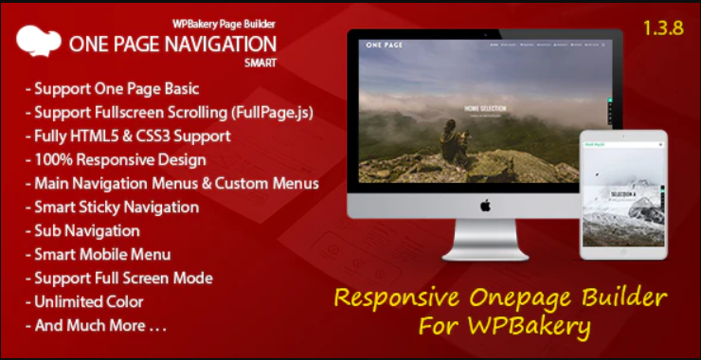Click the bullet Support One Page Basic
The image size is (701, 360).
(x=116, y=89)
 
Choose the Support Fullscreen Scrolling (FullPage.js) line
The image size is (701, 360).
(x=172, y=113)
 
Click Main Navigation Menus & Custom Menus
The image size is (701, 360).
(x=175, y=183)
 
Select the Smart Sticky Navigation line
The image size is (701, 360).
(x=116, y=207)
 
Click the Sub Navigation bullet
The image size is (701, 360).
(x=86, y=230)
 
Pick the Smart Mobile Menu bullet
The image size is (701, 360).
(x=101, y=254)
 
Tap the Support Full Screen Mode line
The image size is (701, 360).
(x=122, y=278)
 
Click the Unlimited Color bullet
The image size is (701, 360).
(x=88, y=301)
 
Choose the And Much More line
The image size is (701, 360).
(x=99, y=326)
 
